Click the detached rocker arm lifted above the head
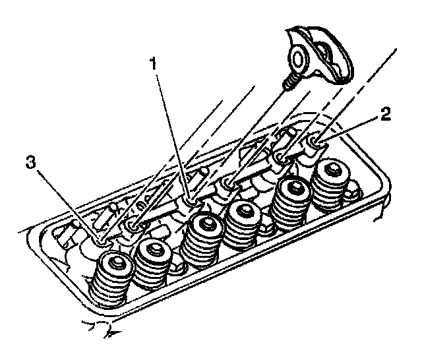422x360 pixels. [320, 58]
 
